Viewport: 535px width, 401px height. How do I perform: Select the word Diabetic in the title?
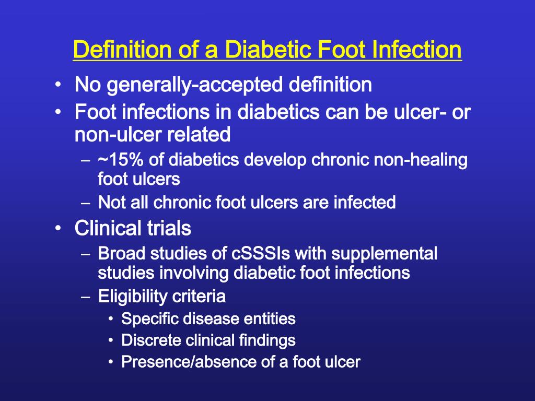tap(268, 50)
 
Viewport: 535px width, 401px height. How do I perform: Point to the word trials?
tap(169, 228)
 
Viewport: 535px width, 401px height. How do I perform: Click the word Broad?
tap(121, 253)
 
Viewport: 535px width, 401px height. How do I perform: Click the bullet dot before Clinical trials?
tap(59, 228)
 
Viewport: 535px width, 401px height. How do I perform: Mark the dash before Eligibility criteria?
tap(86, 297)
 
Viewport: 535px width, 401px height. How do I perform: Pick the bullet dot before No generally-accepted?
tap(59, 85)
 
